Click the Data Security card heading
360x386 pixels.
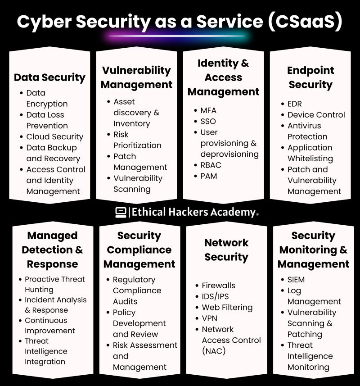(49, 77)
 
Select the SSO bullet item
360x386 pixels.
(208, 121)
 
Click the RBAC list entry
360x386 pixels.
(211, 165)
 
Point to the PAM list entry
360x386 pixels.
(208, 176)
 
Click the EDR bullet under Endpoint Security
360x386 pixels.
(295, 104)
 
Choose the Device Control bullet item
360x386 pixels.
(316, 115)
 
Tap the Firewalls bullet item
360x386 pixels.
(218, 286)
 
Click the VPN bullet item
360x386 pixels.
(209, 318)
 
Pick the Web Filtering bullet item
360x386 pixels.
(227, 308)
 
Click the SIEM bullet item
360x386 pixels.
(296, 279)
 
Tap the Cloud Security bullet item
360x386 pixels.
(54, 136)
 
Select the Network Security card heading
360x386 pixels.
(226, 250)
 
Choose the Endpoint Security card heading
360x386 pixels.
(310, 77)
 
